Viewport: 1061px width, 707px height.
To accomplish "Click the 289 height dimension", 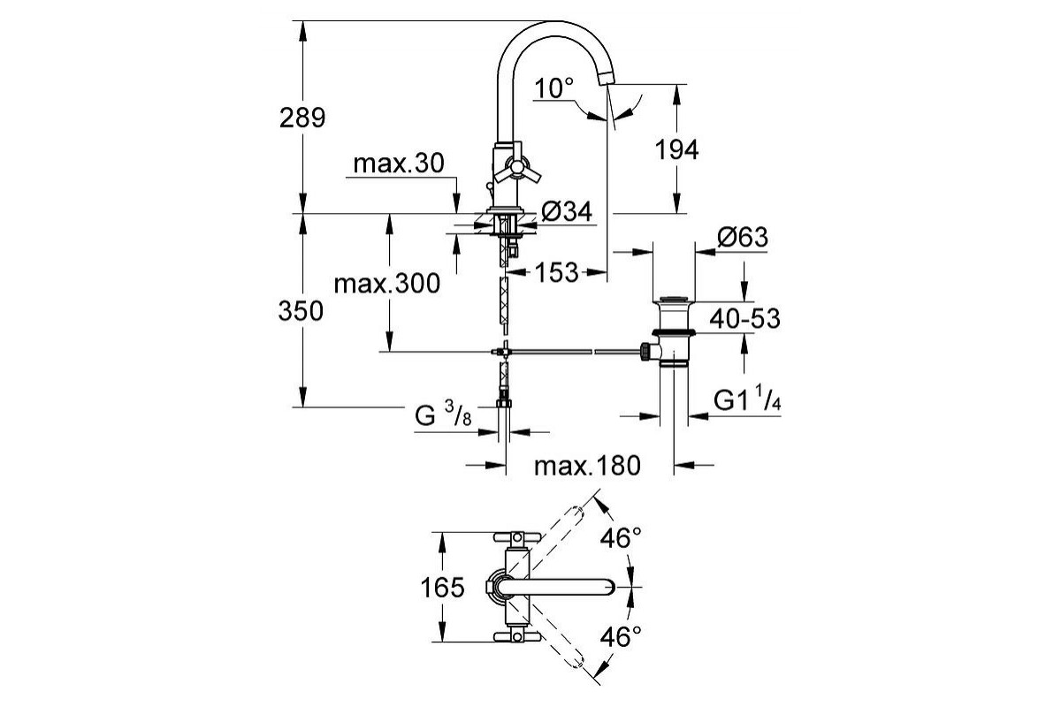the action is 302,118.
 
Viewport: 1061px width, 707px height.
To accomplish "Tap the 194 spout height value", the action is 677,149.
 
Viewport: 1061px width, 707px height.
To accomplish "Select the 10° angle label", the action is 553,88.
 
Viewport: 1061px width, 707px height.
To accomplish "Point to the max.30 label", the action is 399,163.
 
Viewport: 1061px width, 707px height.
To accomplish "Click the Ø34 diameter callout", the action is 567,211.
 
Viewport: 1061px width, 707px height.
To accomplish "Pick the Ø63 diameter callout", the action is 742,237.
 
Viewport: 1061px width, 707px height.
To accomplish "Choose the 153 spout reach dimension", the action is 557,272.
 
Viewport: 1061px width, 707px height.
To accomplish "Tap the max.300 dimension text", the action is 387,284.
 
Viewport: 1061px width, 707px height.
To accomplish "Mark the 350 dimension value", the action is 301,311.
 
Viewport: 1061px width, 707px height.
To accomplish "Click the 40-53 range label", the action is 744,318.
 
